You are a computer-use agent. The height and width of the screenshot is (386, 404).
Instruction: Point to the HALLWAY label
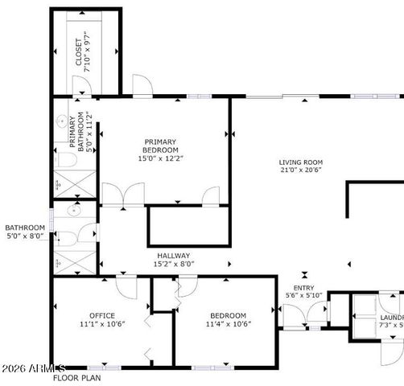pyautogui.click(x=173, y=254)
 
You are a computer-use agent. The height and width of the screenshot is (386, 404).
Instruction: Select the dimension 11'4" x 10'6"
pyautogui.click(x=229, y=324)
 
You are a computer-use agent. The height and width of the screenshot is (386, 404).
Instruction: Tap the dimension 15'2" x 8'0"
pyautogui.click(x=174, y=264)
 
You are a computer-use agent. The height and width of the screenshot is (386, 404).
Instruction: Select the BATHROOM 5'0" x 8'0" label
pyautogui.click(x=25, y=232)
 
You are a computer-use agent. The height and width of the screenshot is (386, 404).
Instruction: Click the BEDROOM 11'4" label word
pyautogui.click(x=229, y=315)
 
